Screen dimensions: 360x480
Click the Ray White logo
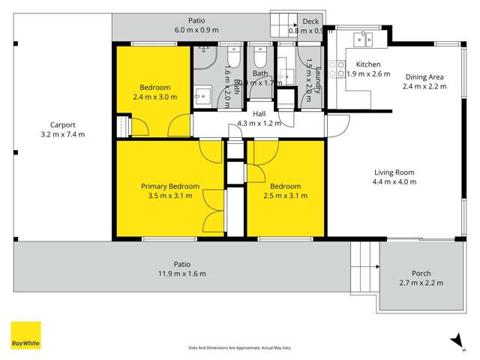point(25,336)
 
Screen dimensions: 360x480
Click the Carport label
point(62,125)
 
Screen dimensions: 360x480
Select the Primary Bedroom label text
point(170,186)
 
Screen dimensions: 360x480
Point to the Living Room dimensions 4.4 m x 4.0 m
point(394,181)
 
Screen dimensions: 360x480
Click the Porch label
point(421,273)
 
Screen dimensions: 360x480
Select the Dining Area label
point(424,76)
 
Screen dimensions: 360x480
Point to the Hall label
point(259,113)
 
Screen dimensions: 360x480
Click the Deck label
point(309,22)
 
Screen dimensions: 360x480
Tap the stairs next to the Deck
point(283,22)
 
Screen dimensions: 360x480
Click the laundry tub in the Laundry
point(286,75)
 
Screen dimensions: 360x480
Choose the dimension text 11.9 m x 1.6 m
point(181,274)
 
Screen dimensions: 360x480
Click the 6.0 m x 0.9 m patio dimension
point(196,30)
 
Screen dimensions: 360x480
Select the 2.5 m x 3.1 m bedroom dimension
point(286,196)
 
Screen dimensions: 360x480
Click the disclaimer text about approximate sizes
point(238,349)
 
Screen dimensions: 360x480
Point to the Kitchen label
point(368,64)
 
